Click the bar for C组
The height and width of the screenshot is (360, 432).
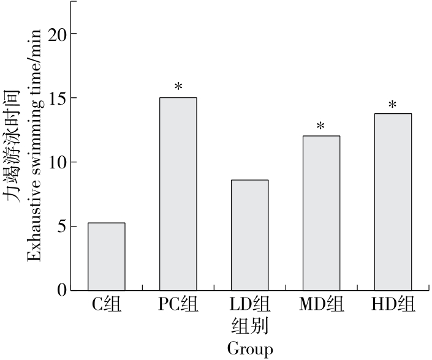click(x=107, y=257)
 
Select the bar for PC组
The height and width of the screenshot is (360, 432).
click(x=178, y=194)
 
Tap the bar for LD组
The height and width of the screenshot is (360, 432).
click(x=249, y=235)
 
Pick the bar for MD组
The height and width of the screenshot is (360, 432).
click(x=321, y=213)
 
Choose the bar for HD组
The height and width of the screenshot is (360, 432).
click(x=393, y=202)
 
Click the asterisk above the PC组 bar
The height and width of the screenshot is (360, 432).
click(x=178, y=87)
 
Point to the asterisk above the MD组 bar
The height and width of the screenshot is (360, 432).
click(x=320, y=127)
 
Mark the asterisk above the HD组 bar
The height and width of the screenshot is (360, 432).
click(x=393, y=105)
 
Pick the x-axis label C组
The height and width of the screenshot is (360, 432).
click(x=107, y=304)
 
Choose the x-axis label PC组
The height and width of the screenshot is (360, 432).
click(x=178, y=304)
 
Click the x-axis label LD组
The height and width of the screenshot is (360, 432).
click(x=249, y=304)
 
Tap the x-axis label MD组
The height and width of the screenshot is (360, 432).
click(x=321, y=304)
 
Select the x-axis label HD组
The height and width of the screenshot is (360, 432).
click(x=393, y=304)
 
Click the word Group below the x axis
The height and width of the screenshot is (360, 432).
click(x=249, y=349)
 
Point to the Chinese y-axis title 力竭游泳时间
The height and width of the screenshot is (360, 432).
click(x=12, y=147)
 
